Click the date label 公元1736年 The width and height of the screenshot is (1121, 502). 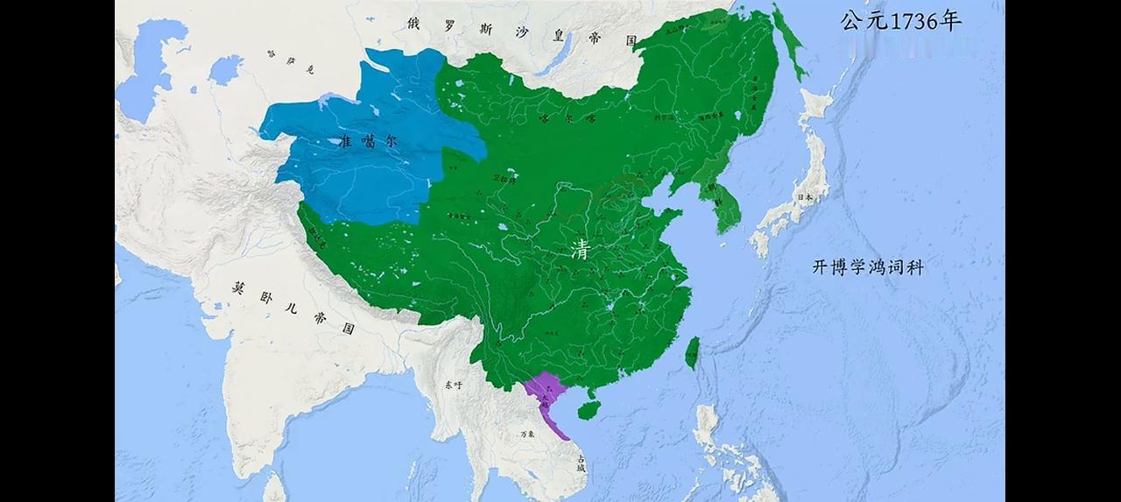coord(900,21)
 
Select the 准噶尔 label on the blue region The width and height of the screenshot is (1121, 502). coord(365,141)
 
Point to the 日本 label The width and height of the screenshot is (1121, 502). coord(803,197)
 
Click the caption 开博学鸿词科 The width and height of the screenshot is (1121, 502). coord(868,267)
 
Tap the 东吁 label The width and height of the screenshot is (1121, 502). coord(453,385)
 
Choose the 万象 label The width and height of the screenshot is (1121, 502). coord(527,434)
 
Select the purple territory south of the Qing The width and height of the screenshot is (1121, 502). coord(547,394)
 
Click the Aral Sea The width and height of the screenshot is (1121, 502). coord(225,68)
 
